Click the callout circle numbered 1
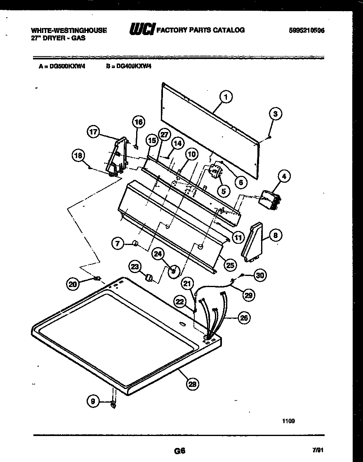(x=225, y=97)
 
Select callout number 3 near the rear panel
(x=276, y=114)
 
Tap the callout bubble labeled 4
(x=284, y=177)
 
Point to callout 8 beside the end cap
(x=276, y=235)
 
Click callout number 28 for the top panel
(x=192, y=384)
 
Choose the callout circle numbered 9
(x=93, y=400)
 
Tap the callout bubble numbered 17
(x=94, y=132)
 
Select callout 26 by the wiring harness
(x=244, y=318)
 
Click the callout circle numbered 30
(x=259, y=275)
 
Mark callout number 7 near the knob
(x=118, y=244)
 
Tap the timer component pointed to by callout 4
(x=269, y=200)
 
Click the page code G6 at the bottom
(x=179, y=451)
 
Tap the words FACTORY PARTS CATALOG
(x=201, y=30)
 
